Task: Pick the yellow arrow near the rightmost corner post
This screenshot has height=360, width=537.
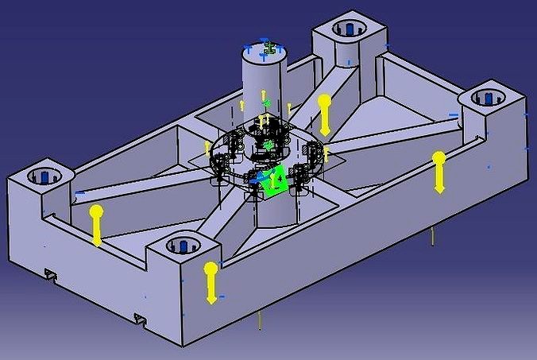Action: click(x=438, y=171)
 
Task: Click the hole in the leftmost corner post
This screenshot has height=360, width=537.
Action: click(x=44, y=175)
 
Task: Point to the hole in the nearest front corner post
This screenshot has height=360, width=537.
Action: click(x=184, y=243)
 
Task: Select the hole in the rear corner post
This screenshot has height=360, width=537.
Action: click(x=347, y=30)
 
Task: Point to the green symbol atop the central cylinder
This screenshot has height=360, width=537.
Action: click(x=269, y=48)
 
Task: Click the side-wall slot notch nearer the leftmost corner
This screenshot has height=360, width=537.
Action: click(x=52, y=274)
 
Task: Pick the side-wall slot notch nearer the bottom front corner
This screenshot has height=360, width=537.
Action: click(x=140, y=318)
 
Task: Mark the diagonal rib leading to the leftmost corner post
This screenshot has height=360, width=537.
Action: click(x=135, y=188)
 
